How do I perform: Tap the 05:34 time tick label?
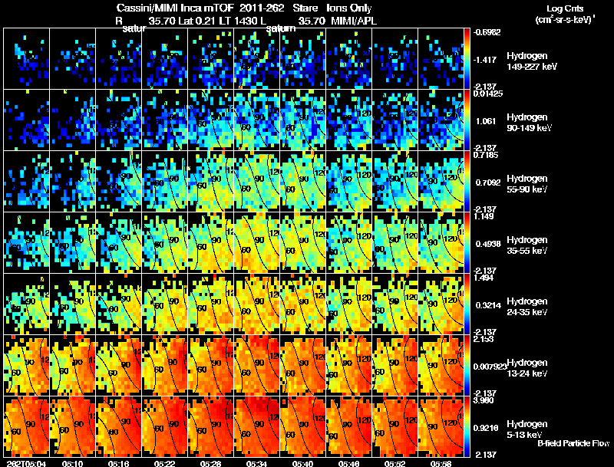tap(256, 463)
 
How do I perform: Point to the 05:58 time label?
tap(441, 463)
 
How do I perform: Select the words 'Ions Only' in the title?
tap(349, 8)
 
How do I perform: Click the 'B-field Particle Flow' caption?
tap(573, 443)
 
